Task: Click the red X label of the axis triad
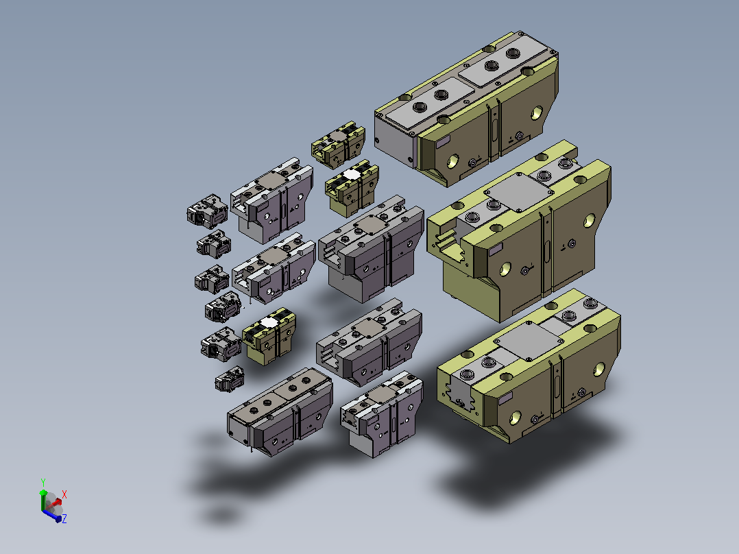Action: click(64, 494)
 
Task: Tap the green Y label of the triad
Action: click(43, 482)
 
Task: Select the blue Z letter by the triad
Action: click(64, 518)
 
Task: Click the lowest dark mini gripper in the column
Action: click(230, 379)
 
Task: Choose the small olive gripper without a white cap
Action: click(338, 145)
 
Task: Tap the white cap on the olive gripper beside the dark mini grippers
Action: click(269, 322)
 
